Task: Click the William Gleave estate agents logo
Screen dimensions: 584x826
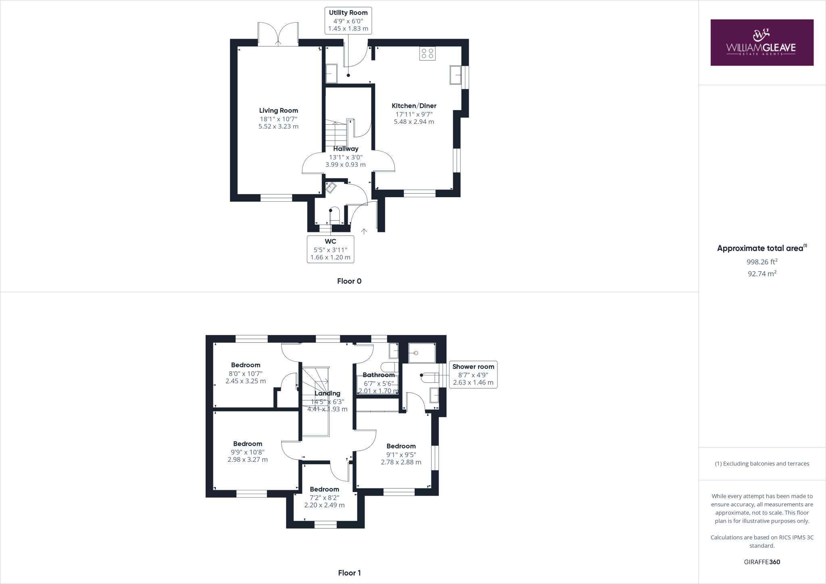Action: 761,42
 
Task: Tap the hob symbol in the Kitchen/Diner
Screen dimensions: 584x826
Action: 427,54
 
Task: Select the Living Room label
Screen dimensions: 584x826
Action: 278,111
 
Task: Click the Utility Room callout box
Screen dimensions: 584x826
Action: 348,21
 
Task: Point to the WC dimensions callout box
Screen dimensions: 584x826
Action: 330,249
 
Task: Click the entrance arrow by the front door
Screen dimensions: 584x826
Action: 364,231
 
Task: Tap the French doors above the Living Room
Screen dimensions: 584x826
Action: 278,33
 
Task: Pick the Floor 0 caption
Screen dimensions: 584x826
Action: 349,281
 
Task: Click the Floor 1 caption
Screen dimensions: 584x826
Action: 349,573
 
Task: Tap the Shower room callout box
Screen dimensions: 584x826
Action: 473,375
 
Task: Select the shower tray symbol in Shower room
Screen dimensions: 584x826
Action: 421,353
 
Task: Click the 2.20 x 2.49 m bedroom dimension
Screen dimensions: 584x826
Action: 324,505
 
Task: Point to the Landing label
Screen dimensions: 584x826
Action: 327,393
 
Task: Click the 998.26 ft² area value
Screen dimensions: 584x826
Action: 761,262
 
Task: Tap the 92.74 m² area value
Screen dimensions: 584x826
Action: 761,273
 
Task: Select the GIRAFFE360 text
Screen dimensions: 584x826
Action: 761,562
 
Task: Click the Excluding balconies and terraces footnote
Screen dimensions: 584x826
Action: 761,463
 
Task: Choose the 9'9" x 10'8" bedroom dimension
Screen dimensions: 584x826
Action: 248,452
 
